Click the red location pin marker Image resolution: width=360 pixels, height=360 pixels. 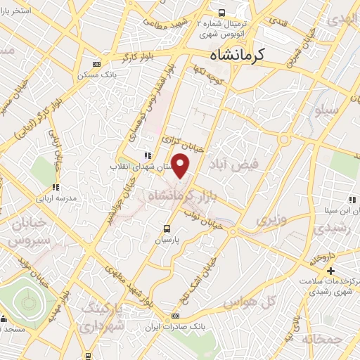(x=181, y=166)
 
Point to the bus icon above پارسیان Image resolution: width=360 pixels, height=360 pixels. (x=167, y=229)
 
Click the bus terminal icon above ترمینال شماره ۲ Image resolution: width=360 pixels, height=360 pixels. (x=222, y=12)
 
